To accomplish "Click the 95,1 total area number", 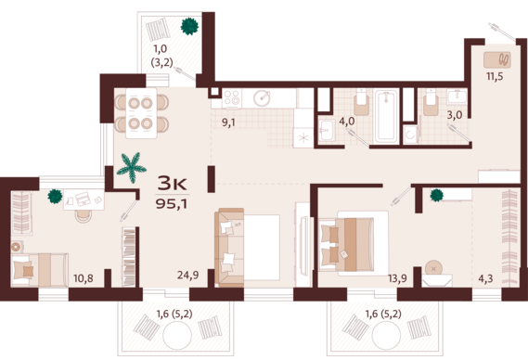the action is (172, 203).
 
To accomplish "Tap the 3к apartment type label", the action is (172, 184).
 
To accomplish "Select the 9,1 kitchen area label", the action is (228, 122).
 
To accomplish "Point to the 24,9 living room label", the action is (187, 276).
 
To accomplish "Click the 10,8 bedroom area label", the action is (84, 278).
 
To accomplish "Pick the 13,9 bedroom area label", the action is (397, 278).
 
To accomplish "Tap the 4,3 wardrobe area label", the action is (485, 278).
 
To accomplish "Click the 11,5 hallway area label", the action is (495, 76).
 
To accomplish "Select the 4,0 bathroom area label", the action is (347, 121).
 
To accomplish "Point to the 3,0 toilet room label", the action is (455, 115).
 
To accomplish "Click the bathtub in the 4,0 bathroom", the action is (387, 115).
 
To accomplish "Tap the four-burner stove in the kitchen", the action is (232, 98).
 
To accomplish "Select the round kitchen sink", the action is (263, 98).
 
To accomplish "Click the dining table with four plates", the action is (141, 113).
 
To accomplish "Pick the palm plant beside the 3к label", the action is (132, 167).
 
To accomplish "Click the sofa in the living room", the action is (229, 248).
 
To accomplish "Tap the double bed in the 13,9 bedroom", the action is (353, 244).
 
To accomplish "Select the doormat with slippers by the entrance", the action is (497, 60).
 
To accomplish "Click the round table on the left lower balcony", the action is (177, 335).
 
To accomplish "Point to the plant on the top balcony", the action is (189, 26).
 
